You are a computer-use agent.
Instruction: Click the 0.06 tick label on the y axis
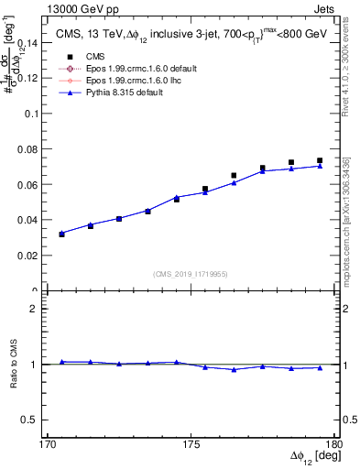coord(31,185)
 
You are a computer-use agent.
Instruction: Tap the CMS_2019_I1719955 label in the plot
coord(191,273)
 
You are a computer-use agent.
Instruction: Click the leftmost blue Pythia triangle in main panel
coord(61,233)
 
